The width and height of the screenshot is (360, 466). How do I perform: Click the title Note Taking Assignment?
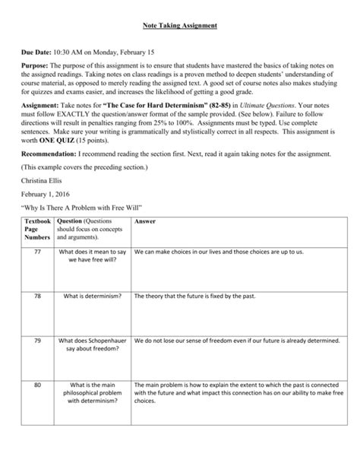click(x=179, y=26)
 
